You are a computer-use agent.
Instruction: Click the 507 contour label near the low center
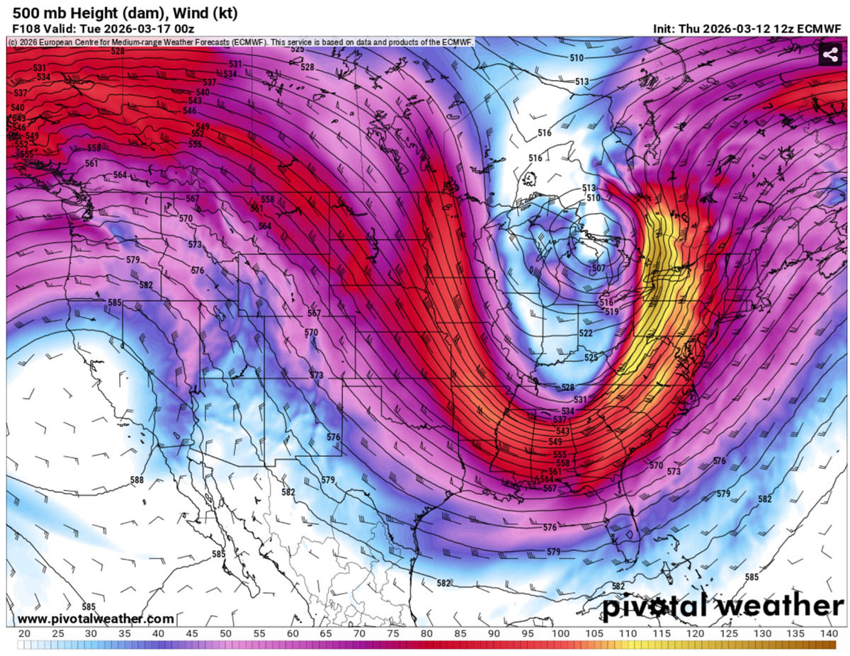click(x=599, y=268)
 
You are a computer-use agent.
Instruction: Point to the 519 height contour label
click(x=611, y=312)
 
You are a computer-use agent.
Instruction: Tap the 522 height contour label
click(x=586, y=333)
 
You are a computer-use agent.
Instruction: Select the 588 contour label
click(x=137, y=480)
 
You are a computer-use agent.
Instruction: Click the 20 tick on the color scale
click(x=23, y=633)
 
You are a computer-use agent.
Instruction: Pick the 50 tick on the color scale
click(x=225, y=633)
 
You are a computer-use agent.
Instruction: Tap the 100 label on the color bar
click(x=560, y=633)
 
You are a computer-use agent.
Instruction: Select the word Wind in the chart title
click(x=189, y=13)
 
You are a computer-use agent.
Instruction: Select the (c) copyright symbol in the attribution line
click(x=13, y=43)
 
